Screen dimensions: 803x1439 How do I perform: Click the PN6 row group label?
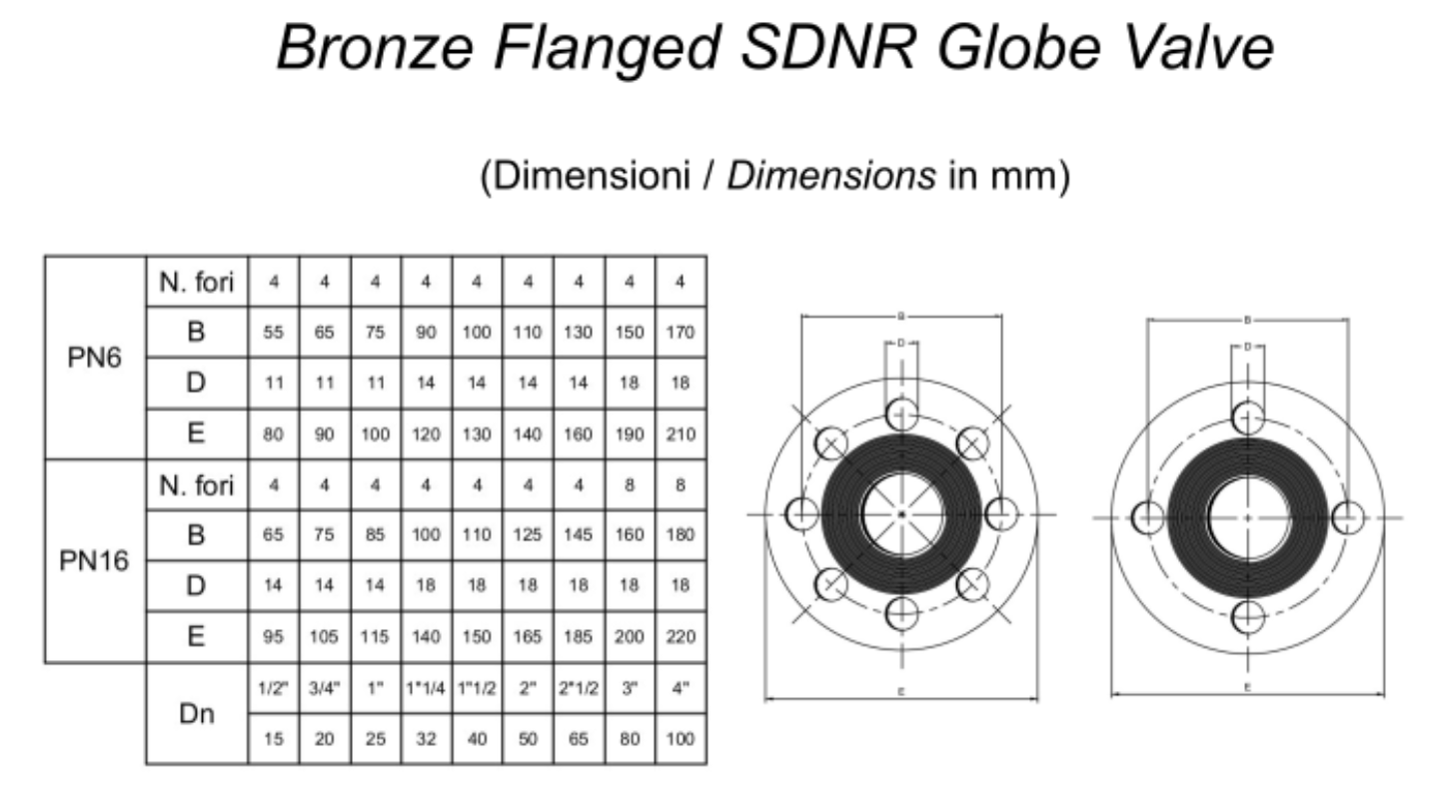click(94, 358)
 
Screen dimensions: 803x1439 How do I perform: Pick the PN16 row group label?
click(94, 560)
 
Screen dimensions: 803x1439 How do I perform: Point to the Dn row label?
click(196, 714)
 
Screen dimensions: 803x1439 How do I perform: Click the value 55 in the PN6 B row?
click(273, 333)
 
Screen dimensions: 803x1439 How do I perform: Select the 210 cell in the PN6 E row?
click(681, 434)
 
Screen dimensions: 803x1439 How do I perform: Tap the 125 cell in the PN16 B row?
click(528, 534)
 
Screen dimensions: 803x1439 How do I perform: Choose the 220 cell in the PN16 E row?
click(681, 636)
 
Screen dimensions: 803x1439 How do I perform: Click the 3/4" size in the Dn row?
click(324, 688)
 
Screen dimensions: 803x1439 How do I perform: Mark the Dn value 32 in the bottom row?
click(426, 740)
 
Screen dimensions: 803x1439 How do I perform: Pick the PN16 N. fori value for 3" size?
click(630, 485)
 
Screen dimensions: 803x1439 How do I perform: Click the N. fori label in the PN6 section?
click(196, 283)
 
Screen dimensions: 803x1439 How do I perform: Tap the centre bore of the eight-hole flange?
click(901, 514)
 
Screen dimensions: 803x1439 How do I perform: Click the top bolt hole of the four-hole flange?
click(1248, 416)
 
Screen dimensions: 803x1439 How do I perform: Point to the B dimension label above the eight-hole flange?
click(901, 317)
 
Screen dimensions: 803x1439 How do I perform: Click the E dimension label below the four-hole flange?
click(1248, 688)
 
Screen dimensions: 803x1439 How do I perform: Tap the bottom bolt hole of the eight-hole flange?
click(901, 612)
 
